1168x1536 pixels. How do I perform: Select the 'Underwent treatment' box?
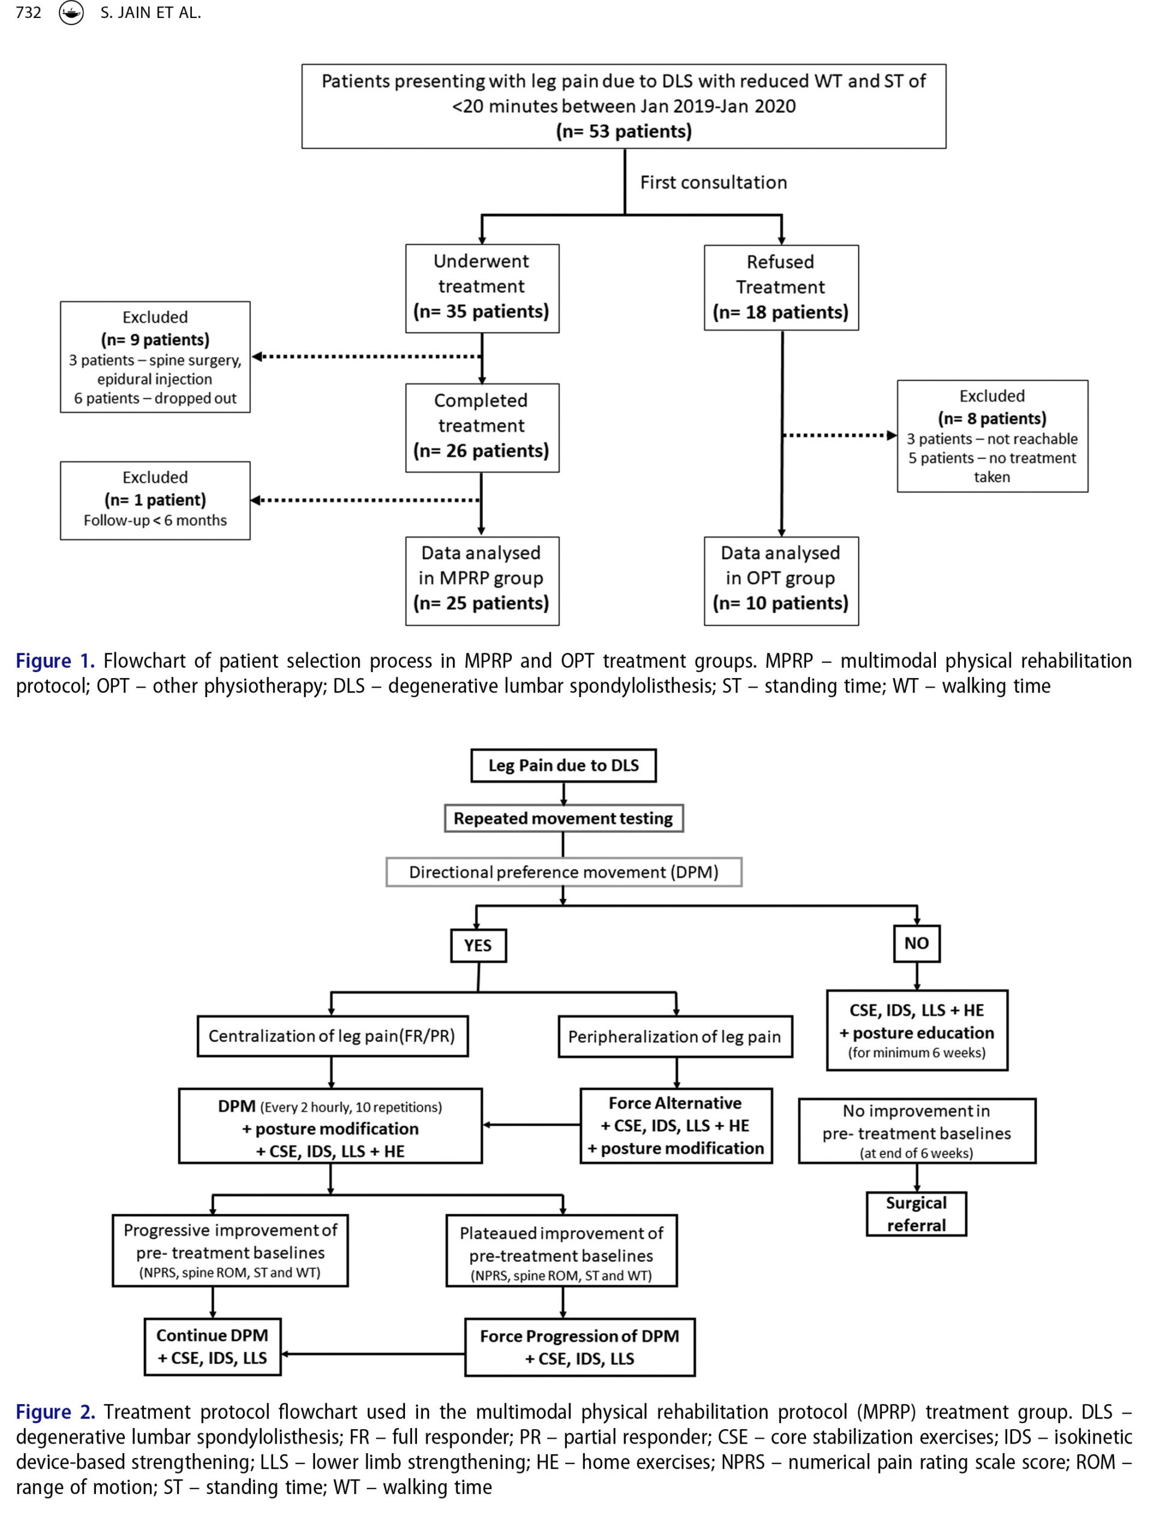pyautogui.click(x=482, y=288)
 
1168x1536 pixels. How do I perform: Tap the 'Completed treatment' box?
pyautogui.click(x=482, y=428)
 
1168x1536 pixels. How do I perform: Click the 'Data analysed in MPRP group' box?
pyautogui.click(x=482, y=581)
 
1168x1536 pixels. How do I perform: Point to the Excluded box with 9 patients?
pyautogui.click(x=155, y=357)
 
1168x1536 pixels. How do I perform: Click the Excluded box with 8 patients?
pyautogui.click(x=992, y=436)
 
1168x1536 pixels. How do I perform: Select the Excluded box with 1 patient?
pyautogui.click(x=155, y=500)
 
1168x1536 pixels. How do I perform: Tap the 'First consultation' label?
pyautogui.click(x=713, y=182)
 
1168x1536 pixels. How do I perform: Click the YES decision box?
pyautogui.click(x=478, y=945)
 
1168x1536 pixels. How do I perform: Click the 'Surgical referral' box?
pyautogui.click(x=916, y=1213)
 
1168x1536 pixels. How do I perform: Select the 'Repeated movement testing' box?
pyautogui.click(x=563, y=818)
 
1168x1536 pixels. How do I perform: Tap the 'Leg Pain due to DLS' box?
pyautogui.click(x=563, y=766)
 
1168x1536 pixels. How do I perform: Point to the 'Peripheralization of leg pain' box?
pyautogui.click(x=675, y=1036)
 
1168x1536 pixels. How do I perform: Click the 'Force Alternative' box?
pyautogui.click(x=675, y=1125)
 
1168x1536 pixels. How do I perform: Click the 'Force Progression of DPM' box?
pyautogui.click(x=580, y=1347)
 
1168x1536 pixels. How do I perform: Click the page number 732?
pyautogui.click(x=29, y=13)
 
